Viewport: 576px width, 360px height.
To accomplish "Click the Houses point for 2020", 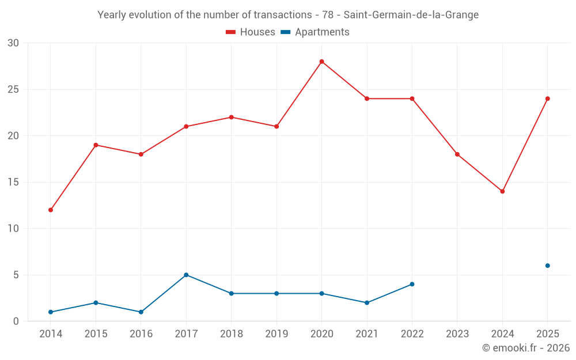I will (x=321, y=62).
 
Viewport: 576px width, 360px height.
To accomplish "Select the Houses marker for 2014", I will (x=51, y=210).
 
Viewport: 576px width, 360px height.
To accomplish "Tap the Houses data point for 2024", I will (x=502, y=191).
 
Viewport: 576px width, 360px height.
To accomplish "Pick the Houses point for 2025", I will (x=548, y=98).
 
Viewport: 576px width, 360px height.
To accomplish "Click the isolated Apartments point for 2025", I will (x=548, y=266).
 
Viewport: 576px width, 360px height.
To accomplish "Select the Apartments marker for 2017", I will (x=186, y=275).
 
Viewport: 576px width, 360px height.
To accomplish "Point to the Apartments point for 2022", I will (x=412, y=284).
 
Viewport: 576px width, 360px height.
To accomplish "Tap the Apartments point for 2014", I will (x=51, y=312).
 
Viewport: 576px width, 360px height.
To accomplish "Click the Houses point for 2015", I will (x=96, y=145).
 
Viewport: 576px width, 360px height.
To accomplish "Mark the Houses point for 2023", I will (x=457, y=154).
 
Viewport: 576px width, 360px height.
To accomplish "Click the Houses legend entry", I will (x=251, y=32).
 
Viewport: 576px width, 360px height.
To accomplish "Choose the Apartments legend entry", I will (x=315, y=32).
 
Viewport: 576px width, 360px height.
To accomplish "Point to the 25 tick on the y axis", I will (x=13, y=89).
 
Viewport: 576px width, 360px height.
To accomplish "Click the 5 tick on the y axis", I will (x=16, y=275).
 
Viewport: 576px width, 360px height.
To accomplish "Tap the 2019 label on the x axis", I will (x=276, y=334).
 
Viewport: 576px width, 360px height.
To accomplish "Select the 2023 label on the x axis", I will (x=457, y=334).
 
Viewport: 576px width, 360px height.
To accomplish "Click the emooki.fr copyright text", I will (x=525, y=348).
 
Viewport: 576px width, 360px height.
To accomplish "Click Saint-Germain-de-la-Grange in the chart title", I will (x=411, y=15).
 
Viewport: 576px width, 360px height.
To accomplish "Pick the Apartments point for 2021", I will (x=367, y=302).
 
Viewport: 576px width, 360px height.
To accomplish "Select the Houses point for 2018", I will (x=231, y=117).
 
